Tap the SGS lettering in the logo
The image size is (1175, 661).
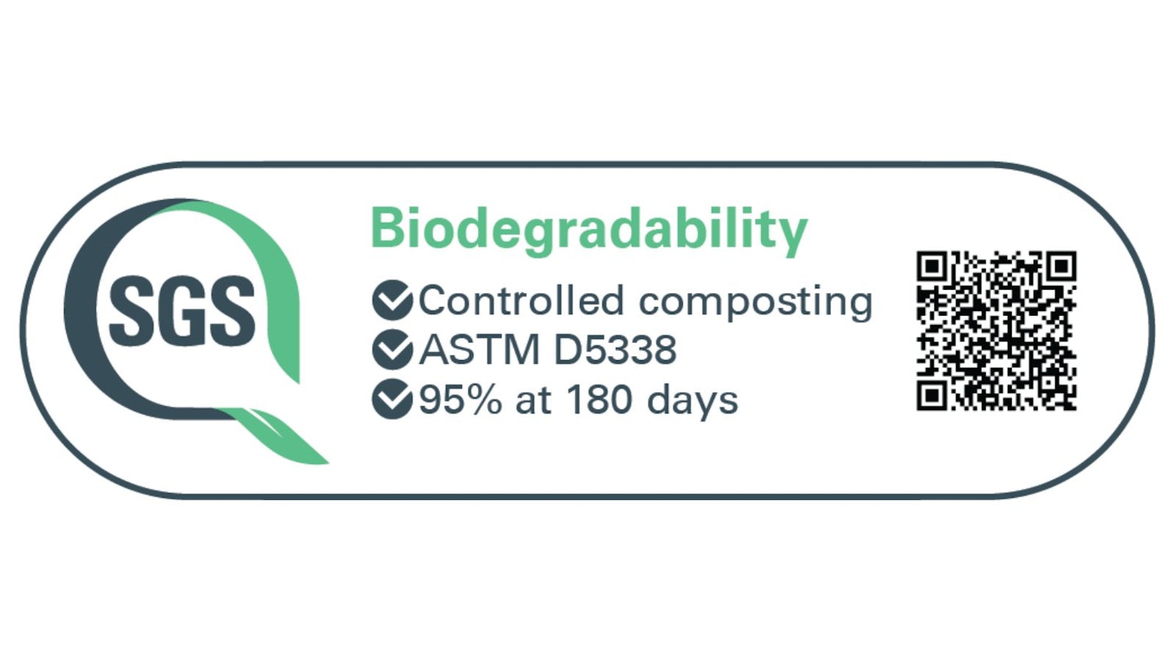182,311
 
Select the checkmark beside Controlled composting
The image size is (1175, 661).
392,300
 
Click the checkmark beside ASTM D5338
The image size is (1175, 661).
392,349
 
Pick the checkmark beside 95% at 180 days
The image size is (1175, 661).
392,399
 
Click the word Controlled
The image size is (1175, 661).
522,301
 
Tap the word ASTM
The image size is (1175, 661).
480,350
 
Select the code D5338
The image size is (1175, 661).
615,350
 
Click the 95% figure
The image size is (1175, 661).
460,400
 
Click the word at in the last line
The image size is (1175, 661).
534,402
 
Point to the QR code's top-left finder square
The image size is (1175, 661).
931,266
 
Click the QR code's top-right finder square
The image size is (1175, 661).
1061,266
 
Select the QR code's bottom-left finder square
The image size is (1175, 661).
931,395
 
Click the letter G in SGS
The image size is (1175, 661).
182,311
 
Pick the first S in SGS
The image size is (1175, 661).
132,311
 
